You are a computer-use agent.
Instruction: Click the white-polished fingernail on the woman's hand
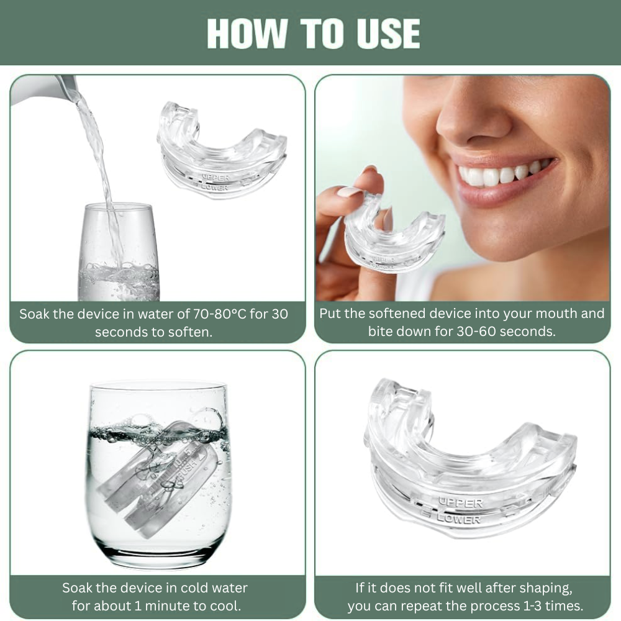[x=349, y=192]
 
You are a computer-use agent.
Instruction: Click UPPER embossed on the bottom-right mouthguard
[x=461, y=501]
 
